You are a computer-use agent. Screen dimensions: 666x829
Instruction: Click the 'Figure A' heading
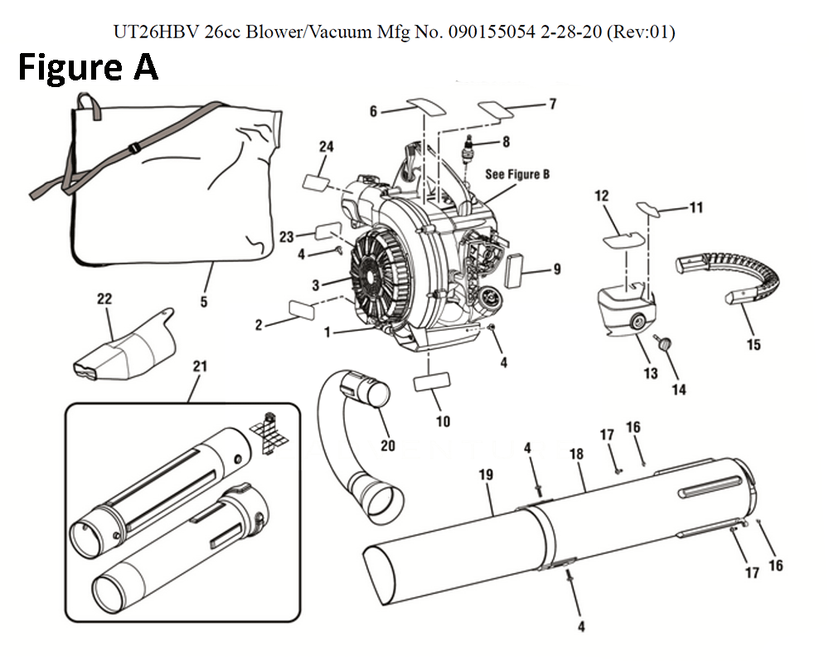point(88,67)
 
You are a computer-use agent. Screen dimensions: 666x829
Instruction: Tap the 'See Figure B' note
point(517,175)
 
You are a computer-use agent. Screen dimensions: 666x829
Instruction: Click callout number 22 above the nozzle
point(104,299)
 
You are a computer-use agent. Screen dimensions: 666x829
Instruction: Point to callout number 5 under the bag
point(204,302)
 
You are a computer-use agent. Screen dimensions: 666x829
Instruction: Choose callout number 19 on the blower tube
point(486,475)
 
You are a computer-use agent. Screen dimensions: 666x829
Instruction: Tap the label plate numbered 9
point(516,269)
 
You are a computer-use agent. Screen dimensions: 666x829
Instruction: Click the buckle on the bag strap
point(134,150)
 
